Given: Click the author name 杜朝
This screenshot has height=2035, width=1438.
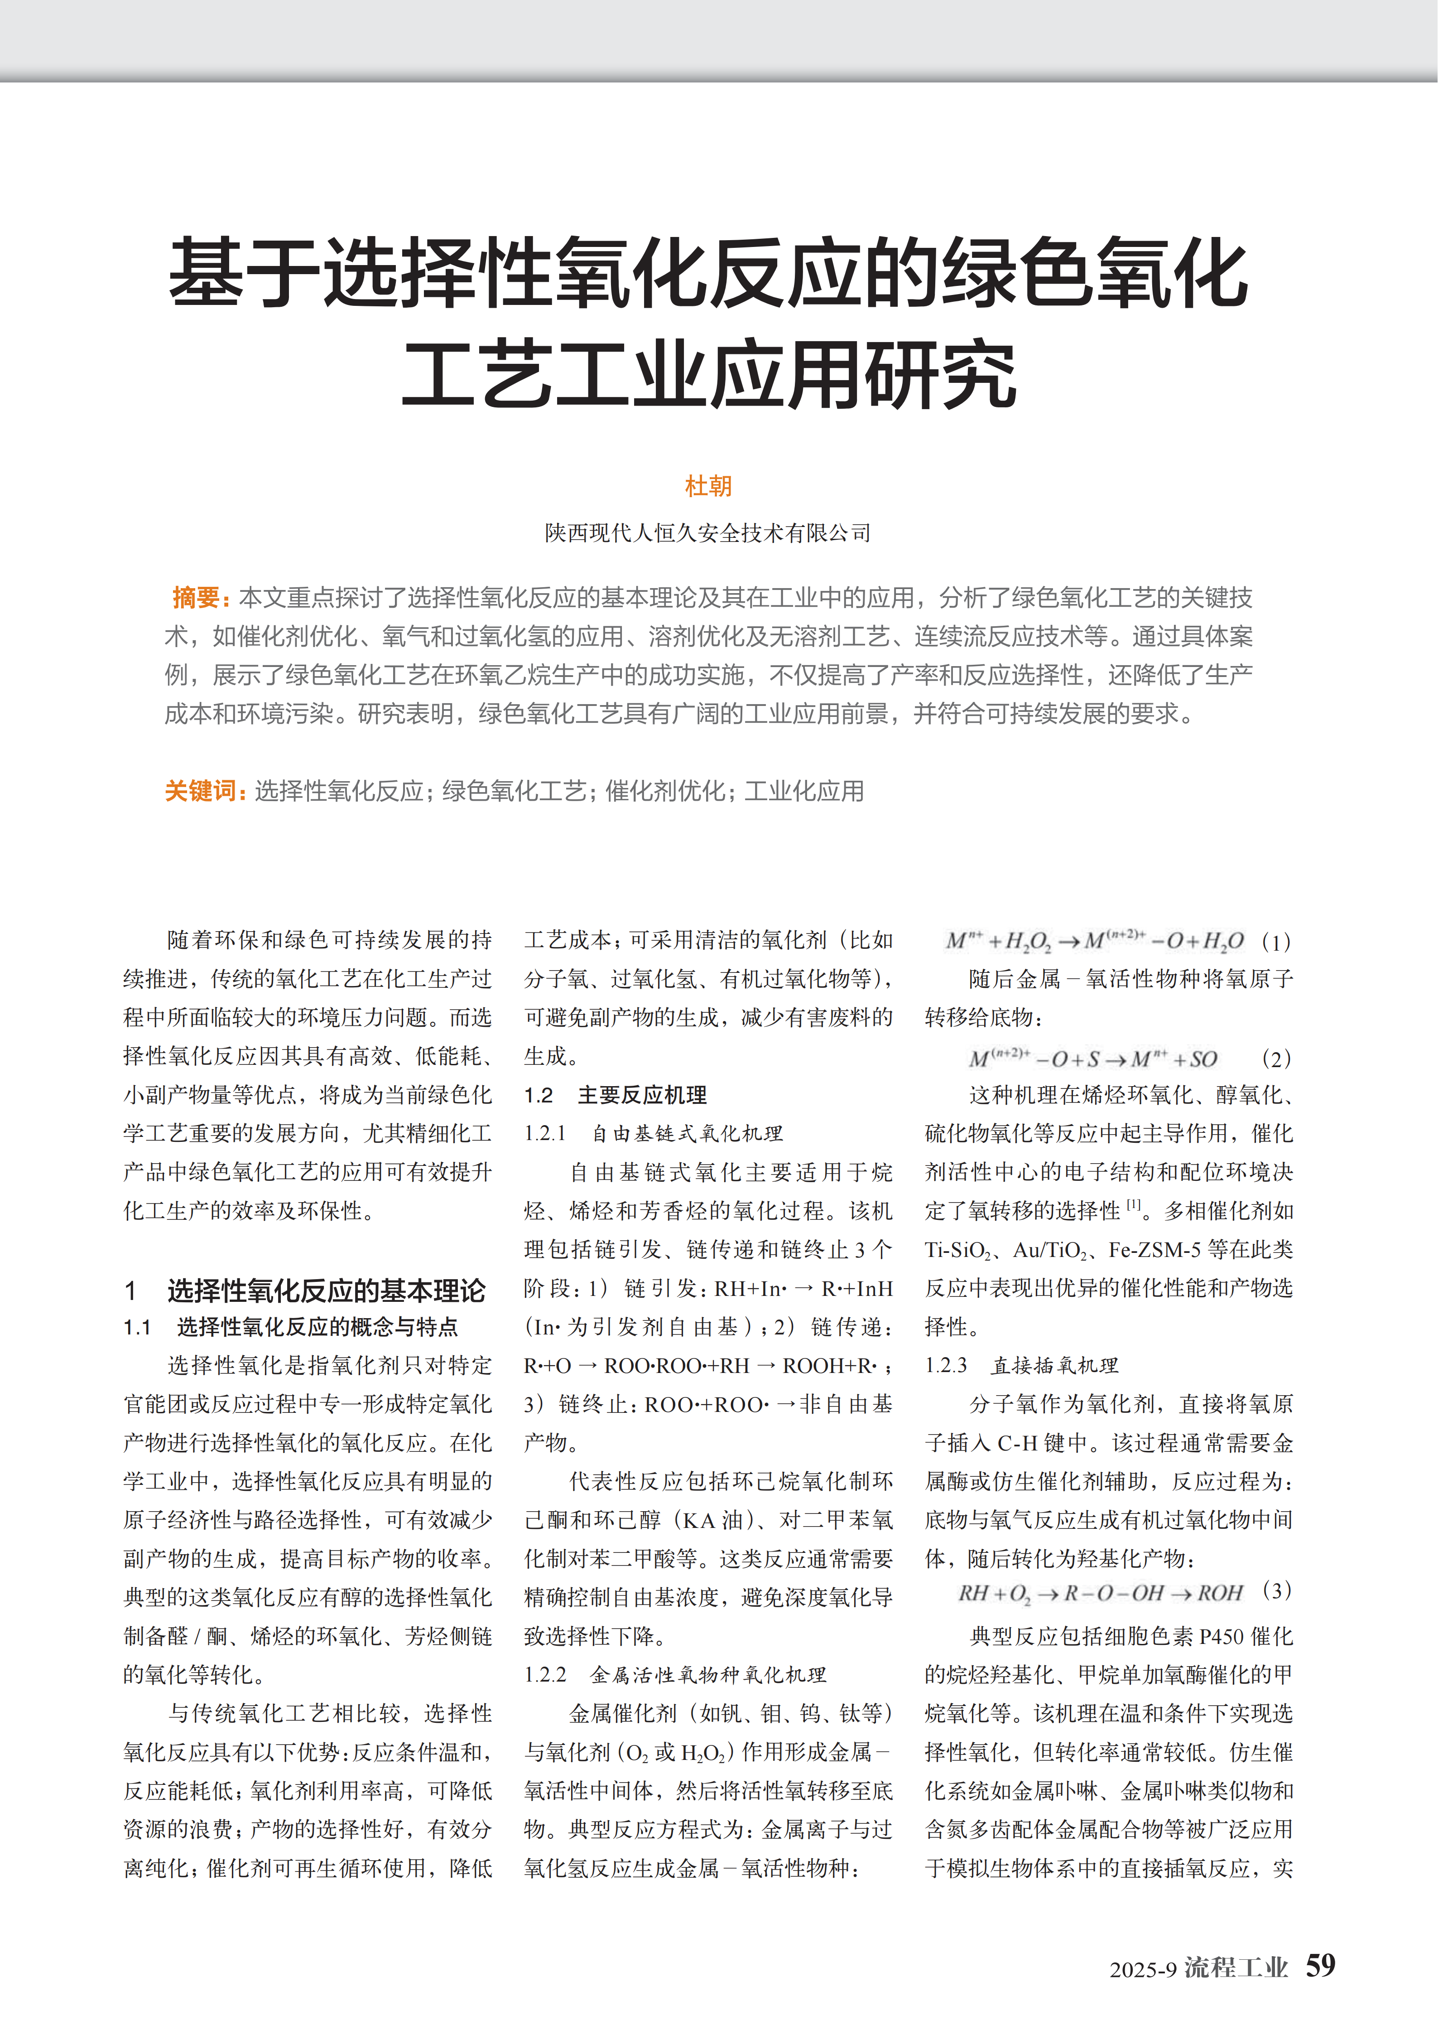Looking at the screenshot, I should [x=708, y=486].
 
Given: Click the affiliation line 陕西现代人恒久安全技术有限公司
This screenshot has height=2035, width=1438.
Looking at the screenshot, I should [x=708, y=533].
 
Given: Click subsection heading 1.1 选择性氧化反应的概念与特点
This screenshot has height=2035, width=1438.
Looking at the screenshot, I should [x=291, y=1327].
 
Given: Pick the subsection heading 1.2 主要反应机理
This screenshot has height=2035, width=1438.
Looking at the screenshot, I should [x=615, y=1096].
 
